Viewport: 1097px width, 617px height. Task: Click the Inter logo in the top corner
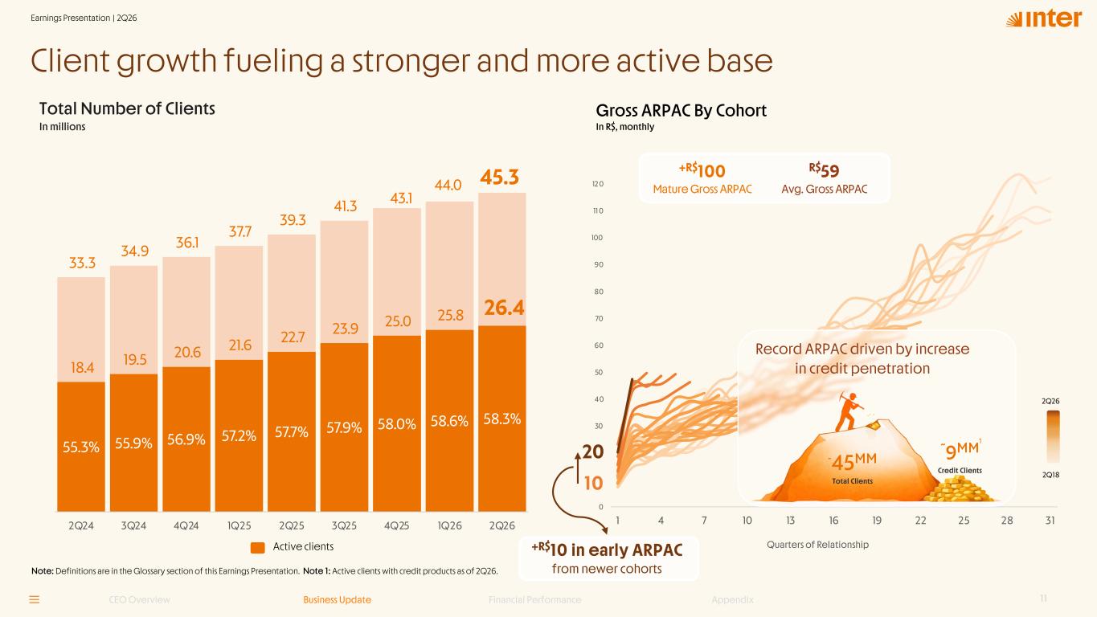click(1044, 18)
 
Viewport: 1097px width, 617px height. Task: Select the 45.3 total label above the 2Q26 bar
click(499, 177)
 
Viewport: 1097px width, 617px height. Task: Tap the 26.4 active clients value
click(504, 308)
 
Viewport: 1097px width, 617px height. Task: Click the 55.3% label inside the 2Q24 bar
click(81, 447)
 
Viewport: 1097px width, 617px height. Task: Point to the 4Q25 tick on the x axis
click(397, 526)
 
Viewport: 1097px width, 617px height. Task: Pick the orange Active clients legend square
click(258, 547)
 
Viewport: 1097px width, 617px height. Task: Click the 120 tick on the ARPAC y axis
click(597, 184)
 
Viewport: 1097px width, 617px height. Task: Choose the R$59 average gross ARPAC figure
click(825, 170)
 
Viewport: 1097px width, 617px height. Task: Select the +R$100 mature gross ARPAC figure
click(702, 170)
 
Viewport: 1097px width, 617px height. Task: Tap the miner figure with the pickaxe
click(849, 411)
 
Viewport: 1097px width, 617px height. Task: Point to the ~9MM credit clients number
click(960, 450)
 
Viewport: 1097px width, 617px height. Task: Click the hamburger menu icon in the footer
click(35, 600)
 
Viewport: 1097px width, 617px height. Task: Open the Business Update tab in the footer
click(337, 600)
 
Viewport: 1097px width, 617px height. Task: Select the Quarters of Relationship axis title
click(817, 545)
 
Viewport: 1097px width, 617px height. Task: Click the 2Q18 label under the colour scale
click(1050, 475)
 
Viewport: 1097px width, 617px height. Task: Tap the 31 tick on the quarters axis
click(1050, 521)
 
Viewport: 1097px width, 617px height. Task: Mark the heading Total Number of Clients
click(127, 108)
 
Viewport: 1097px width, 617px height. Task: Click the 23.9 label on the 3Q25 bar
click(346, 329)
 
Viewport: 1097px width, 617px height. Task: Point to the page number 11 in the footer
click(1044, 599)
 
